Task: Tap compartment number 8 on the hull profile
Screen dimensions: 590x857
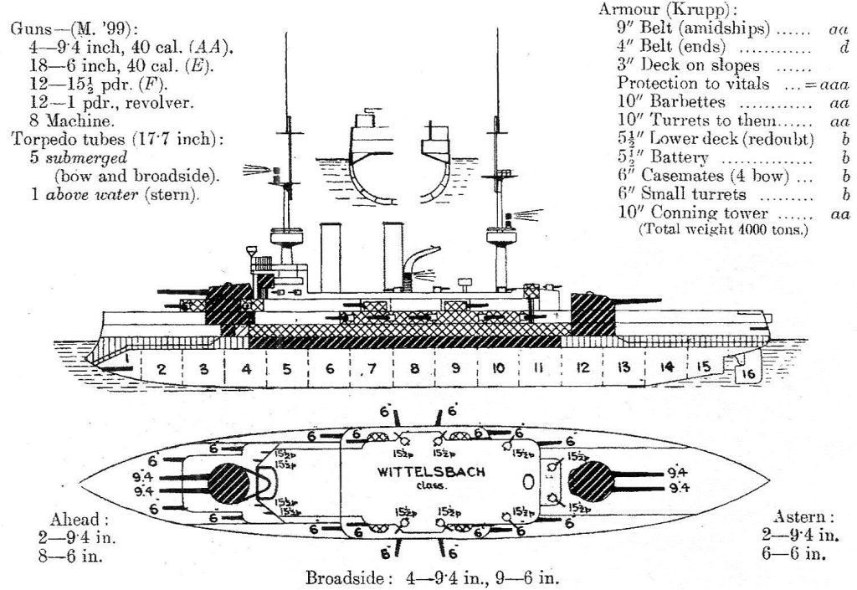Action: click(x=413, y=367)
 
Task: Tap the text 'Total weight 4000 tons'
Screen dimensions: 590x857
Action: click(x=723, y=228)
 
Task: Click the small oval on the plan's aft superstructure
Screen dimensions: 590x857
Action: click(x=526, y=483)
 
